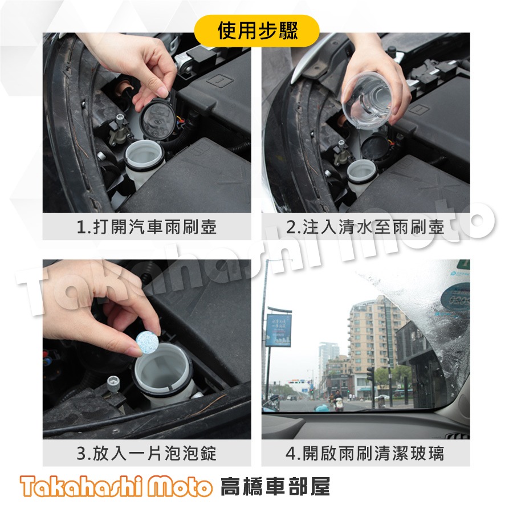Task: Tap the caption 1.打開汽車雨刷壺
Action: [146, 228]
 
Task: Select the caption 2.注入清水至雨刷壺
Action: [365, 228]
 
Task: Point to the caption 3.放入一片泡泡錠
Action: [146, 454]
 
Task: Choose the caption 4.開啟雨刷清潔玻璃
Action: [365, 454]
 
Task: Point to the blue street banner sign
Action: [278, 330]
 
